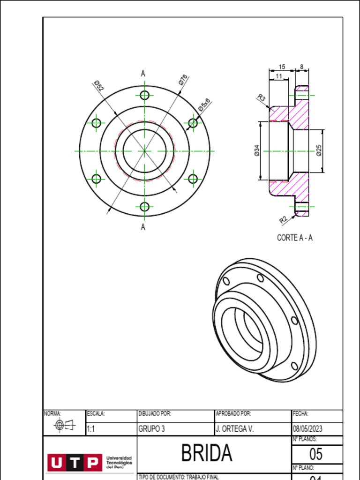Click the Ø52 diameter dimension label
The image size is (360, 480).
pos(98,86)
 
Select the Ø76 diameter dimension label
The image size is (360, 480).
pos(183,80)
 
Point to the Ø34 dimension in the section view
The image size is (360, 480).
pos(257,150)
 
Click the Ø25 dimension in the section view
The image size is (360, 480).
pos(319,150)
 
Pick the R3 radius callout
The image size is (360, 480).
pos(262,98)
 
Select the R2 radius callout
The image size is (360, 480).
pos(283,219)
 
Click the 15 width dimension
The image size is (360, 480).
pos(282,67)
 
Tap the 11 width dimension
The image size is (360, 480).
pos(279,76)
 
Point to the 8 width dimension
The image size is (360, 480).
pos(302,67)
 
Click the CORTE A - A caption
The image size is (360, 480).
pos(294,238)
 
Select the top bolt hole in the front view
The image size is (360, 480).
pos(144,95)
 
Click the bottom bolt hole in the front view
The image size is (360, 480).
pos(144,207)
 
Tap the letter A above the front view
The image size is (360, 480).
pos(143,73)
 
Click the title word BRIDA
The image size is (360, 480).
pos(207,453)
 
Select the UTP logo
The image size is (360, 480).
pos(74,463)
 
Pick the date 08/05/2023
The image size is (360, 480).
pos(307,429)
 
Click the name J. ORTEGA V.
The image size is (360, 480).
pos(234,429)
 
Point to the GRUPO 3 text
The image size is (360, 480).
pos(151,429)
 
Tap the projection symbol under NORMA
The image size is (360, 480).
pos(64,425)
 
